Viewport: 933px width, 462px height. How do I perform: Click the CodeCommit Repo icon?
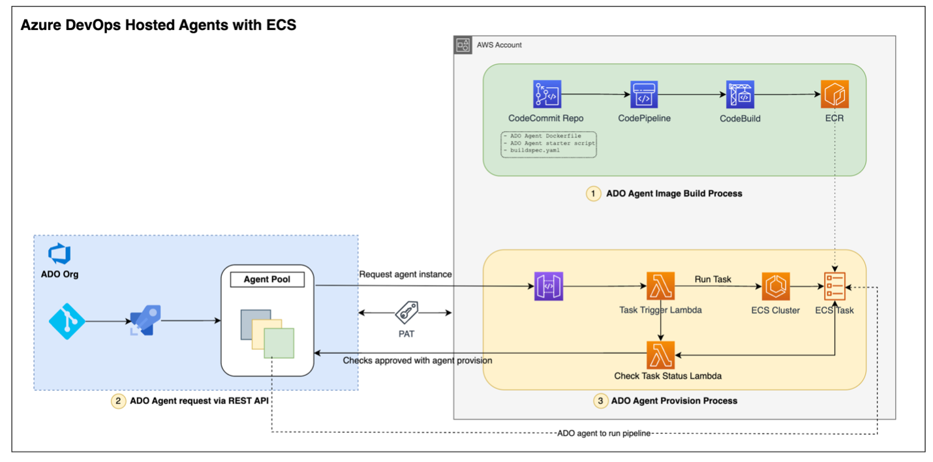point(547,95)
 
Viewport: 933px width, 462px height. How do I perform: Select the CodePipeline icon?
point(643,95)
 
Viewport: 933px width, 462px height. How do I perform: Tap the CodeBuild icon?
point(740,95)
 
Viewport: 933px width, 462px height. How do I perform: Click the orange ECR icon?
point(835,95)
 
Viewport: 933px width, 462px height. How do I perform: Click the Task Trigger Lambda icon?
point(660,286)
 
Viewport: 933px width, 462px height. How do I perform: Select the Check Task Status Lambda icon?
point(660,355)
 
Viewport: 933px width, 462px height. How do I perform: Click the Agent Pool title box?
point(266,280)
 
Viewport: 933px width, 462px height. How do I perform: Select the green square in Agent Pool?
point(279,343)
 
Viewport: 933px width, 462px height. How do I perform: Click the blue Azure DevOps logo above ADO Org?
point(59,254)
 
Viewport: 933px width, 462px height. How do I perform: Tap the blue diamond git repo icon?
point(67,320)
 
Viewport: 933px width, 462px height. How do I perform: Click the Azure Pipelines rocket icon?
point(145,320)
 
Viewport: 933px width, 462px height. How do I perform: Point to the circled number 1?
point(593,194)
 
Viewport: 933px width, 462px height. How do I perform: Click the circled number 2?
point(117,401)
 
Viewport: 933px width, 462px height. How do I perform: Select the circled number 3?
point(600,401)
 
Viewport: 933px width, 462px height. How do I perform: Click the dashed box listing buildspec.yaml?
point(549,144)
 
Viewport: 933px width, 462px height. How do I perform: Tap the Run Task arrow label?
point(712,279)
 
